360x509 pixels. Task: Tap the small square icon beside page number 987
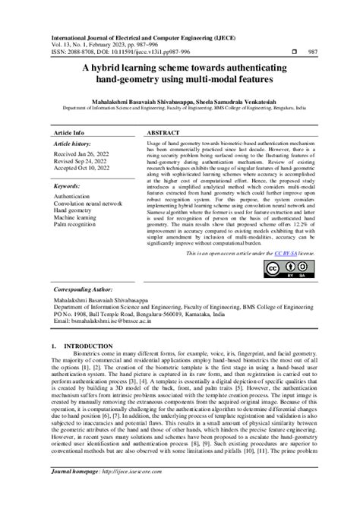294,52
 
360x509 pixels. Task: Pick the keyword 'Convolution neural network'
87,204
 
